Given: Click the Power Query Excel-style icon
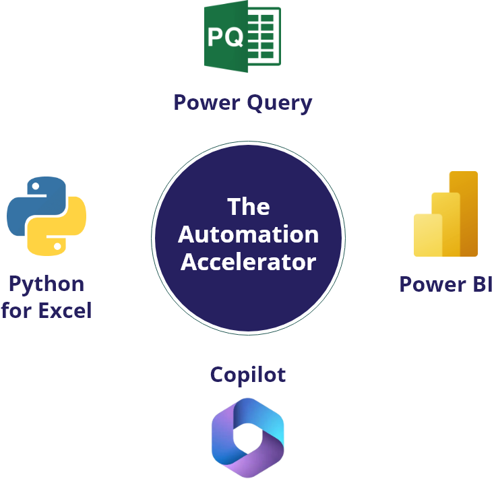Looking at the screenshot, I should point(243,34).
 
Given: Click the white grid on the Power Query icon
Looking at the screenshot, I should point(264,36).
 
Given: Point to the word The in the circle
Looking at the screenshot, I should point(248,206).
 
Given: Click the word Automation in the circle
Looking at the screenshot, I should point(248,234).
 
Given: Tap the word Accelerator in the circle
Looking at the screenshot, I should point(248,261).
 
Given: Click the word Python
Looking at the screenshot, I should point(46,284).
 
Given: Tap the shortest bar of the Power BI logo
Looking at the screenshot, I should point(427,234).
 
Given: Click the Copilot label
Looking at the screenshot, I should point(248,375).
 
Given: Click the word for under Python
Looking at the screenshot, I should point(15,311).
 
